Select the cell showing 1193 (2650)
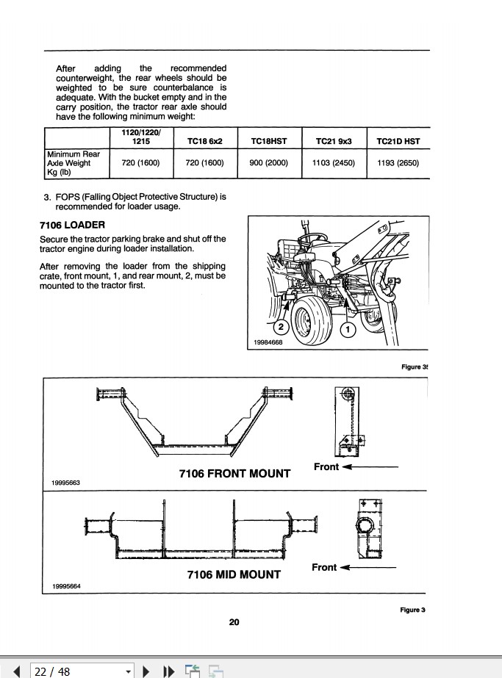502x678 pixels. click(x=398, y=163)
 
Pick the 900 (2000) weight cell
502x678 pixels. click(x=268, y=163)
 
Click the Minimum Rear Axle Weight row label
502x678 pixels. click(x=73, y=163)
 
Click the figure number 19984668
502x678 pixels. click(x=270, y=342)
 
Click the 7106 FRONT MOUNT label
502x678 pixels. click(x=234, y=474)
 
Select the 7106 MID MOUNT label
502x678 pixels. click(x=234, y=574)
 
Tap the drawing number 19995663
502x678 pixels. click(x=66, y=482)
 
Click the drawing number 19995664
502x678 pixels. click(x=66, y=585)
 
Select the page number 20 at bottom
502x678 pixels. click(x=234, y=622)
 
